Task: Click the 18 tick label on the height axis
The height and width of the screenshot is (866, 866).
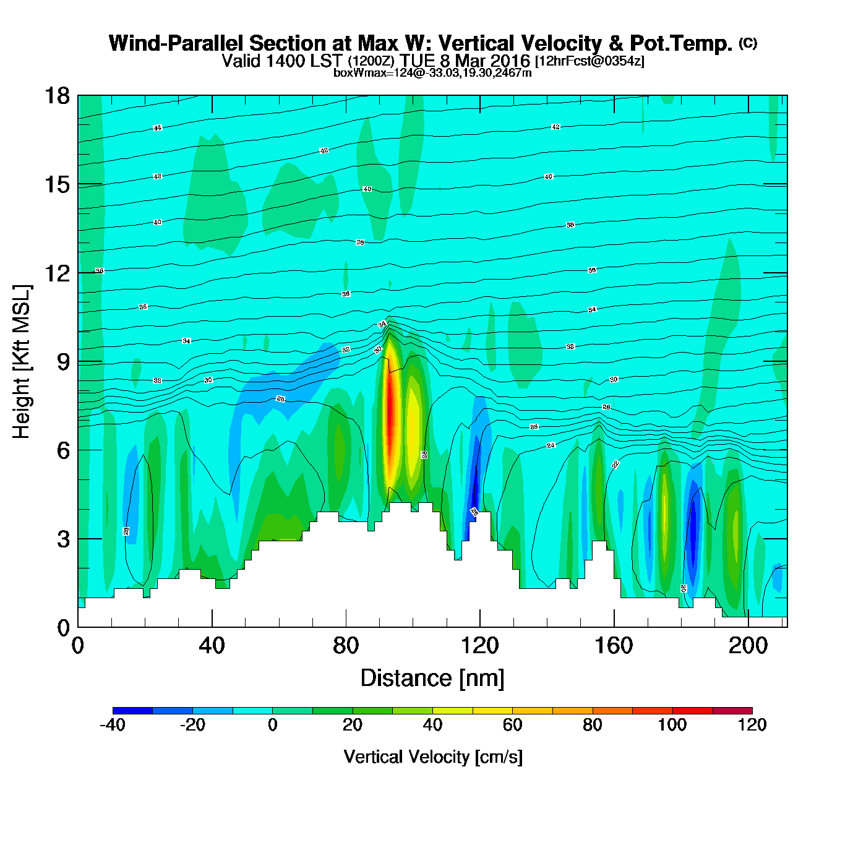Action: (56, 96)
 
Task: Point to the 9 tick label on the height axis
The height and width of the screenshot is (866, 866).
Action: (63, 362)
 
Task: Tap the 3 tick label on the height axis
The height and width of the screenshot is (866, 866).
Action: (63, 539)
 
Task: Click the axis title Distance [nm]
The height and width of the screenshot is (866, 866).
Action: (432, 679)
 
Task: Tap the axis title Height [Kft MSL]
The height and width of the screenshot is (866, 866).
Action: (22, 362)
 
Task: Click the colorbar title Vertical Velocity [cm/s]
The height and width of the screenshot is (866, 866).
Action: (433, 757)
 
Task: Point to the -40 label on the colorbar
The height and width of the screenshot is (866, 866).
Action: (113, 725)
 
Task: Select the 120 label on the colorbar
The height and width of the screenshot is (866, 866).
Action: (752, 725)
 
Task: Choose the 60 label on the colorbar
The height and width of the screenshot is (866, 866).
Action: (512, 725)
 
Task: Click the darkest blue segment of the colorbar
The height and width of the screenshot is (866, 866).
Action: (132, 710)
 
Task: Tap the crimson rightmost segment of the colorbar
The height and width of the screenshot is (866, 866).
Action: (732, 710)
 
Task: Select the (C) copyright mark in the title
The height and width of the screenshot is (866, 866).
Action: (748, 43)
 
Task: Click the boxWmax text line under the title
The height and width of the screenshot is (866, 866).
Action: (432, 72)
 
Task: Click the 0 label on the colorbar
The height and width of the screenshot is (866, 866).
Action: (273, 725)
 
